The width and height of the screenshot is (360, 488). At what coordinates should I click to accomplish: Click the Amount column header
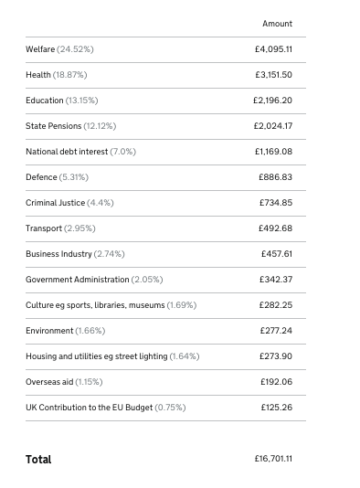pyautogui.click(x=277, y=24)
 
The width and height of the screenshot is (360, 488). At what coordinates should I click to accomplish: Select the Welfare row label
pyautogui.click(x=40, y=49)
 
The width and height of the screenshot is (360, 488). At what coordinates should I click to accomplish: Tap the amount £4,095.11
pyautogui.click(x=273, y=49)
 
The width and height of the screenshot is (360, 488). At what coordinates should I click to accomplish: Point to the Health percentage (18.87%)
pyautogui.click(x=69, y=75)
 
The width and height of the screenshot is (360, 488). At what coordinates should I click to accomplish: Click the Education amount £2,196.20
pyautogui.click(x=273, y=101)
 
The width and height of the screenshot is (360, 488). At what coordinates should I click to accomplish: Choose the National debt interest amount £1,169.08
pyautogui.click(x=273, y=152)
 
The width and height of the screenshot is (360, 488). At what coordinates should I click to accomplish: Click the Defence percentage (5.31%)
pyautogui.click(x=74, y=177)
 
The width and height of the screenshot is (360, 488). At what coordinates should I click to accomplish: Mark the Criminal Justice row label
pyautogui.click(x=55, y=203)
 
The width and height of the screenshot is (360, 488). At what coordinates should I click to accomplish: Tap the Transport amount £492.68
pyautogui.click(x=276, y=228)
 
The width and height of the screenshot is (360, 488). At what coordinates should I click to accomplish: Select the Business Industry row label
pyautogui.click(x=58, y=254)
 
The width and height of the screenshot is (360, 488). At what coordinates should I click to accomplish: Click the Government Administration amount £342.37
pyautogui.click(x=276, y=280)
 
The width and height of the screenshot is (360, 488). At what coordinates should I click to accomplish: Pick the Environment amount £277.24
pyautogui.click(x=276, y=331)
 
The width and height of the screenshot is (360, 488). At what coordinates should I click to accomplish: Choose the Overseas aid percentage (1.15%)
pyautogui.click(x=89, y=382)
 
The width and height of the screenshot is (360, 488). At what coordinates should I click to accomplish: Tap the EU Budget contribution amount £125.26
pyautogui.click(x=276, y=408)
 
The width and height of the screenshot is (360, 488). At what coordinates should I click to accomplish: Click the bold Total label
pyautogui.click(x=38, y=460)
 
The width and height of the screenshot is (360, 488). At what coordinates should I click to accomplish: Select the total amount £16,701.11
pyautogui.click(x=273, y=459)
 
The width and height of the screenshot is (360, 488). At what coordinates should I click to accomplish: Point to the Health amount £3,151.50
pyautogui.click(x=273, y=75)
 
